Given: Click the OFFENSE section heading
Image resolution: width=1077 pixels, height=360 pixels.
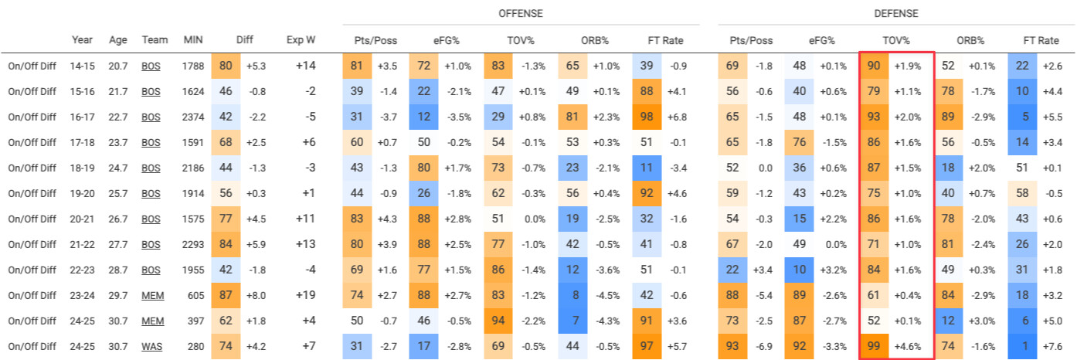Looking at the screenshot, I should (x=521, y=13).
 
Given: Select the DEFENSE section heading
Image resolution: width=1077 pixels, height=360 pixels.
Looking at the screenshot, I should (x=896, y=13).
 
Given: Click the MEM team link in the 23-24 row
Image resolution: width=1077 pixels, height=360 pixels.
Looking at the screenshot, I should (x=151, y=294).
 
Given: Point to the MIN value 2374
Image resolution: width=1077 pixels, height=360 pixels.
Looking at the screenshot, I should (x=193, y=117).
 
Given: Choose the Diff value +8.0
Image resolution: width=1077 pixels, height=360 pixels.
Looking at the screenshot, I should (x=257, y=294).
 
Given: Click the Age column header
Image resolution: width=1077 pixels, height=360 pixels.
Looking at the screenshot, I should (x=117, y=39).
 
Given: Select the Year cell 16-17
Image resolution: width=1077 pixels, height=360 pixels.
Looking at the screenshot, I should (x=83, y=117).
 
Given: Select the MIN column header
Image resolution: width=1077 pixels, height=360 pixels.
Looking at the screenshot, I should (x=193, y=39).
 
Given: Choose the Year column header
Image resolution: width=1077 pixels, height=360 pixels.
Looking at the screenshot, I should (x=83, y=39).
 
